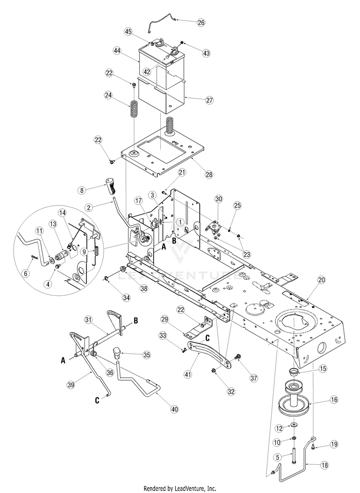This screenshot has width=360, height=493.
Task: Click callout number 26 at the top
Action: click(201, 23)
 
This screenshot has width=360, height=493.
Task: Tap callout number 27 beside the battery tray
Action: click(209, 100)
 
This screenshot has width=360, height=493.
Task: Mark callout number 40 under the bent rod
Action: click(174, 409)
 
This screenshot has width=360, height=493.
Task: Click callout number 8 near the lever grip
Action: click(82, 190)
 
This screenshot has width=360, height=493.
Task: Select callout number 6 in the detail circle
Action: click(26, 274)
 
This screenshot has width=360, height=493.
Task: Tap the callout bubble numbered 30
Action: click(218, 199)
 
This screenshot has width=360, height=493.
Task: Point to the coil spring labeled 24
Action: click(134, 109)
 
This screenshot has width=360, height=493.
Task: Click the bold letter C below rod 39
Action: click(97, 400)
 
